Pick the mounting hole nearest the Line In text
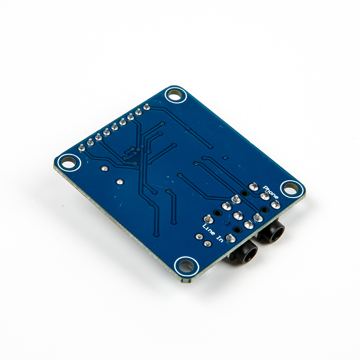point(186,266)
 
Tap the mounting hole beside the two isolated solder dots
point(68,163)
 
